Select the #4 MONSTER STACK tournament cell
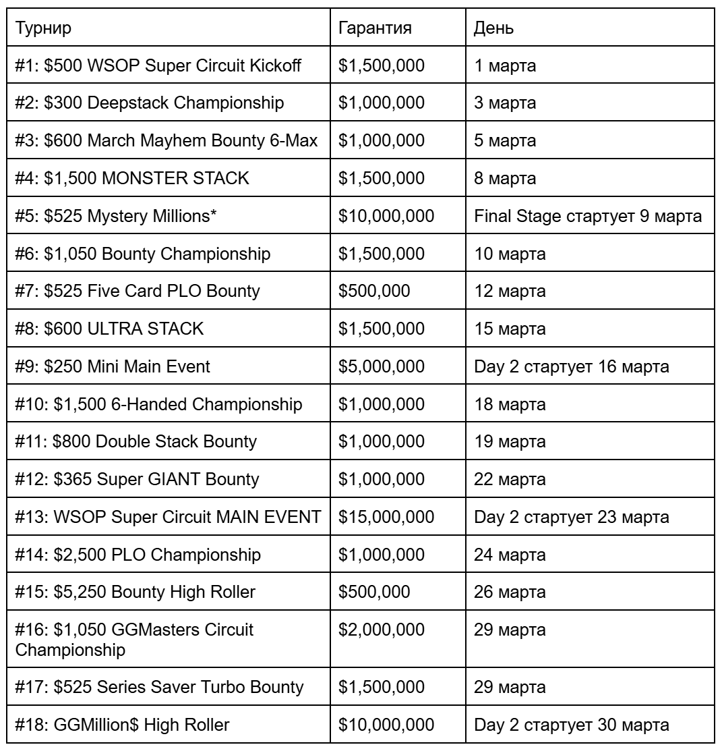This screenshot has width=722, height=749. coord(133,179)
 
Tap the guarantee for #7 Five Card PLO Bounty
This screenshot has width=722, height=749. coord(375,292)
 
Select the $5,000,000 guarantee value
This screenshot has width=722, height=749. coord(381,367)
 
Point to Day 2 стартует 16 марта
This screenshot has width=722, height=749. coord(572,367)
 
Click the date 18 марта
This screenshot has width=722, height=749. coord(510,404)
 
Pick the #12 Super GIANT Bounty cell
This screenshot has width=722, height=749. coord(137,480)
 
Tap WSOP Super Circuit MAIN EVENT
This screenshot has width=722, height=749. coord(167,517)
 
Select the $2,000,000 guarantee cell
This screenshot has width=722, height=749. coord(381,630)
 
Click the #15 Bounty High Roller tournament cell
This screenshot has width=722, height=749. coord(136,592)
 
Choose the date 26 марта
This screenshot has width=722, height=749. coord(510,592)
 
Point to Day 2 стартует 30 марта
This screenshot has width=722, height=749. coord(572,725)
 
